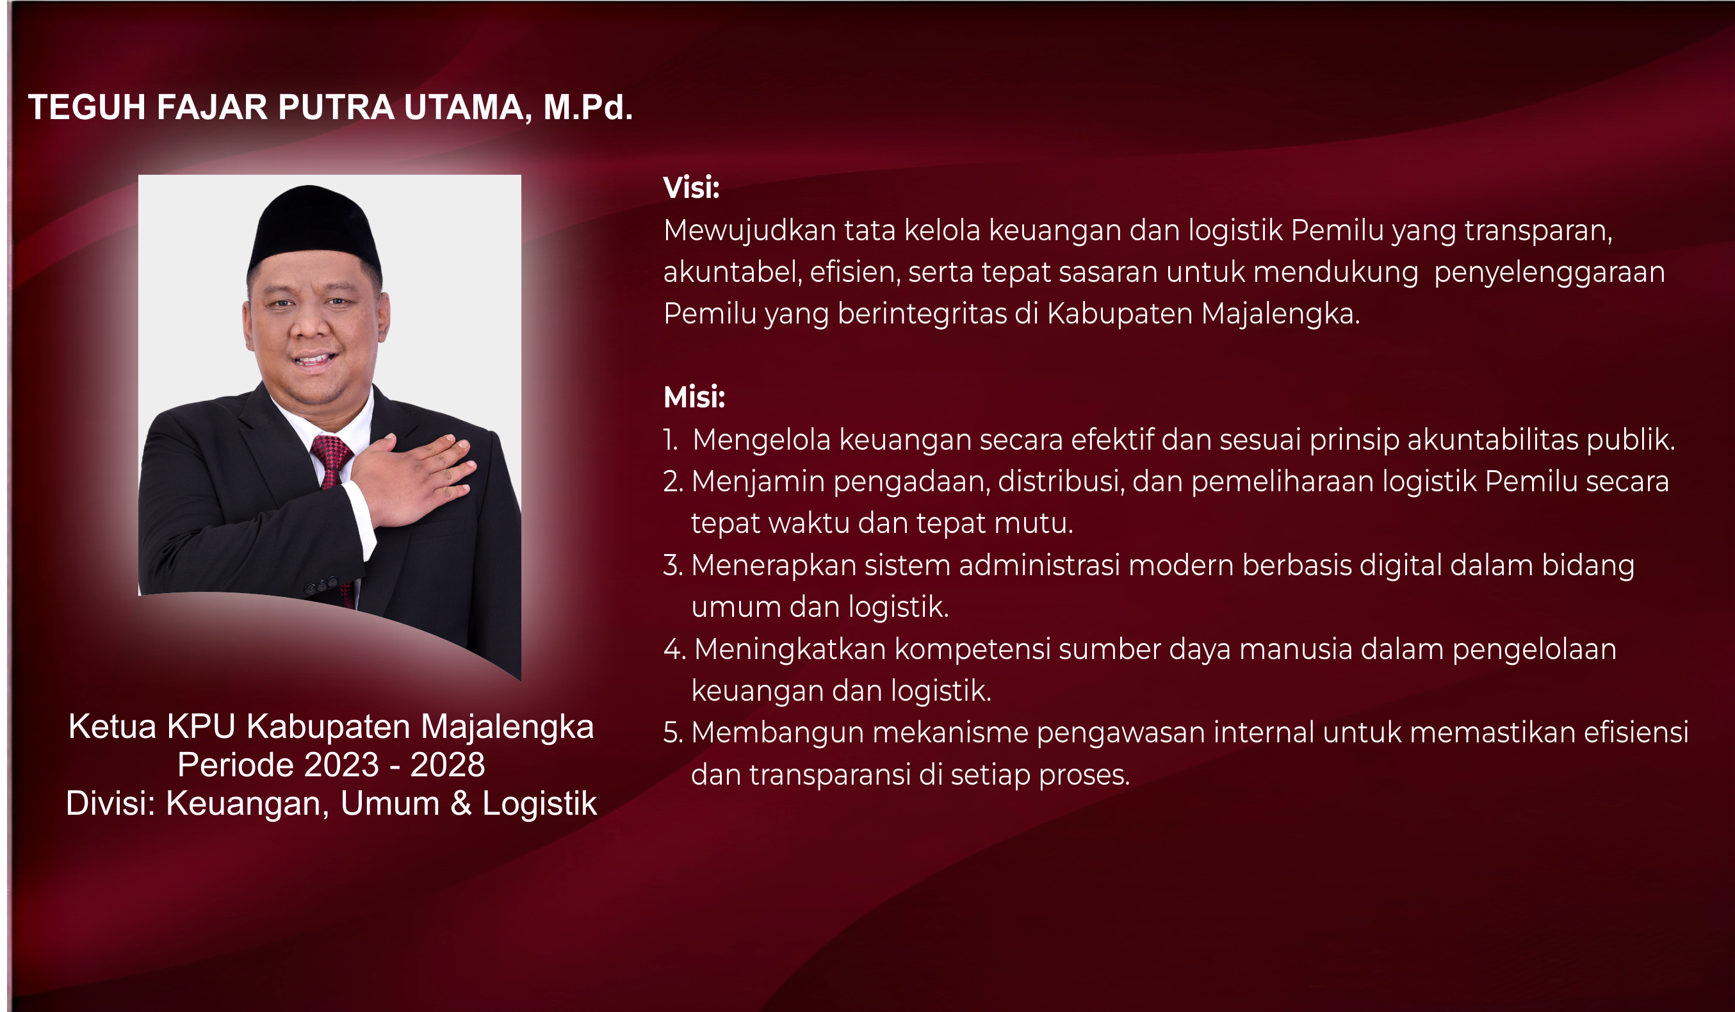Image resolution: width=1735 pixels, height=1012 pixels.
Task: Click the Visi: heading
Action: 691,188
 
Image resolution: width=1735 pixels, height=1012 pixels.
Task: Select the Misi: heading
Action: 694,397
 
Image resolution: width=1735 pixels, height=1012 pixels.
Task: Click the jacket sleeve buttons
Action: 322,585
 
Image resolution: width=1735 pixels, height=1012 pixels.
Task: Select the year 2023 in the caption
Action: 341,765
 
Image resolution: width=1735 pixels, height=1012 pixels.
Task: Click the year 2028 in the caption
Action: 448,765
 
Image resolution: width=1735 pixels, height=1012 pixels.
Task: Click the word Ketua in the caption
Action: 113,727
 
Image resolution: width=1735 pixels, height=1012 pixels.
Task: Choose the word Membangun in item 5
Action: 778,733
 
